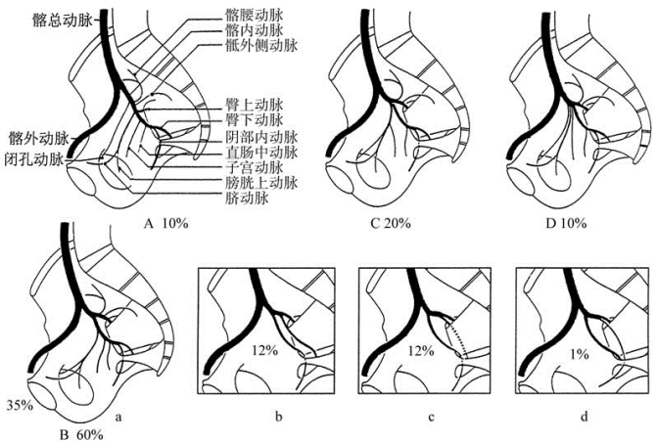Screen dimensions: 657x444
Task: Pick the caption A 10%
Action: point(165,223)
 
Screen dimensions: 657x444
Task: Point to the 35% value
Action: point(19,402)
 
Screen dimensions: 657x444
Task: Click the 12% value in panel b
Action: point(261,350)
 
